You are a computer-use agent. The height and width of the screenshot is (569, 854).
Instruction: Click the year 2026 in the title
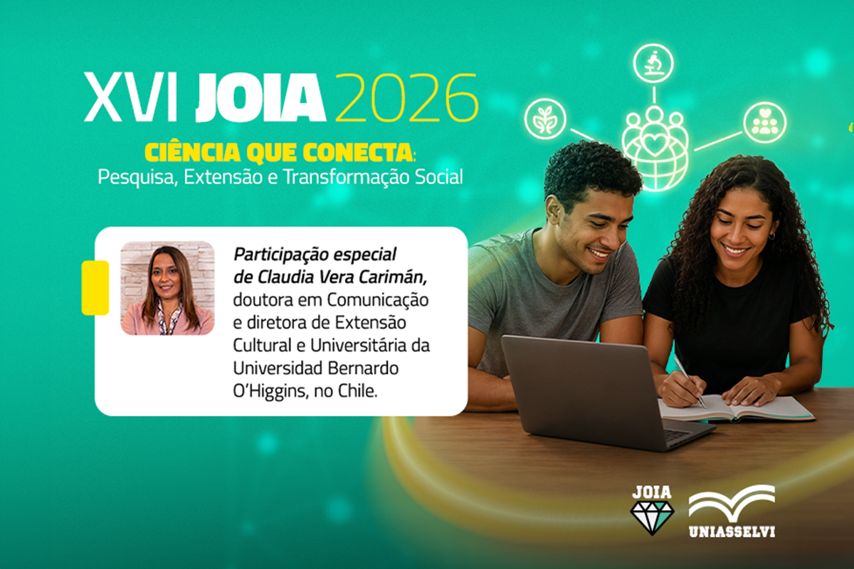407,97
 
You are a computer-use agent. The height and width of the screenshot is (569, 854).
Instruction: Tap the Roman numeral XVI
131,97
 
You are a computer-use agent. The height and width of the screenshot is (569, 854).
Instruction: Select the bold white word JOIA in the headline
260,97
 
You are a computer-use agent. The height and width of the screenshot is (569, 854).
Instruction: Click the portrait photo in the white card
167,288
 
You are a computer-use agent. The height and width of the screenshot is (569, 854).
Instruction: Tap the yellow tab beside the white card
95,288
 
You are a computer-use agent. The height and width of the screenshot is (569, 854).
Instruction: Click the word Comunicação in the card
378,300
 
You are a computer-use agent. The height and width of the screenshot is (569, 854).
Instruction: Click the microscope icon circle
653,63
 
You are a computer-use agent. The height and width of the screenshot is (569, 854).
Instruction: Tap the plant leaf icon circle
545,119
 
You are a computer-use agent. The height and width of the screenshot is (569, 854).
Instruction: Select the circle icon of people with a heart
765,122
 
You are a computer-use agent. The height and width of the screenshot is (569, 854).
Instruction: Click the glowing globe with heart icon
655,151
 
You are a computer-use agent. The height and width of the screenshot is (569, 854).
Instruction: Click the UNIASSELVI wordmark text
732,531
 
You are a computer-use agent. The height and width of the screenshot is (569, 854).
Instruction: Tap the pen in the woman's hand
690,382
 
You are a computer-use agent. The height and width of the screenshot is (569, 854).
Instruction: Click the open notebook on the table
736,408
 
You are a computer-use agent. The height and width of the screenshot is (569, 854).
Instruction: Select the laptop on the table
602,393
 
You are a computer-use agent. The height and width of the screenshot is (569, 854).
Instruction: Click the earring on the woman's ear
771,237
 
